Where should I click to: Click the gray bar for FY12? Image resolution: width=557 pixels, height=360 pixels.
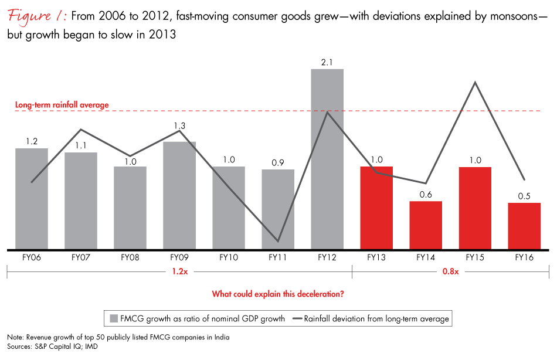(327, 158)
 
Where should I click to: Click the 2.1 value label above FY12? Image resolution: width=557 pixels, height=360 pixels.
(327, 62)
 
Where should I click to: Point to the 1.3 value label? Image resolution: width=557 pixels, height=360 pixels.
(179, 127)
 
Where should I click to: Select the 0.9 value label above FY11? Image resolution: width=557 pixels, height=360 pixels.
(278, 162)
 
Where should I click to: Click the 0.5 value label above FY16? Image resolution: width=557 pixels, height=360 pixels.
(524, 196)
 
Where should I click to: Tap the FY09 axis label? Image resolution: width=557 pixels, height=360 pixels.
(179, 257)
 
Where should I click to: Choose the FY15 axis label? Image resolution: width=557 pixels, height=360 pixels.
(475, 257)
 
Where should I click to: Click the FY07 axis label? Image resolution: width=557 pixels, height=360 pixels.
(81, 257)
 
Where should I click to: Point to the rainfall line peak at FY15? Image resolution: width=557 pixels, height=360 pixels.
(476, 83)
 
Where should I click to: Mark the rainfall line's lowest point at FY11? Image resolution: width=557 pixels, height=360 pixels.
(278, 241)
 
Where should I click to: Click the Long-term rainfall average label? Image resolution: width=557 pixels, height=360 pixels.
(62, 105)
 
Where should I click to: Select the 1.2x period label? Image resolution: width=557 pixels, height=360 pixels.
(180, 271)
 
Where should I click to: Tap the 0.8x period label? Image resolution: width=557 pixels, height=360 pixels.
(450, 271)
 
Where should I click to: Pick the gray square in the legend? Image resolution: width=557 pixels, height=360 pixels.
(115, 319)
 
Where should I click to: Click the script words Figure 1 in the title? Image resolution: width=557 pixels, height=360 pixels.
(36, 16)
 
